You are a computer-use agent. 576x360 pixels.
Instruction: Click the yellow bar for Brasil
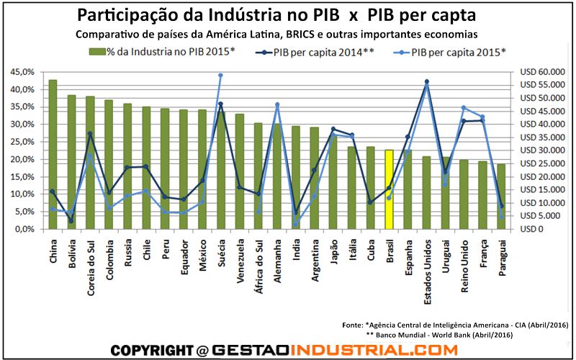tap(389, 189)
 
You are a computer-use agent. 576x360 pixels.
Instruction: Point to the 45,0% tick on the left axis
tap(21, 73)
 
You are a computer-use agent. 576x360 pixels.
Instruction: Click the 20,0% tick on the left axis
tap(21, 160)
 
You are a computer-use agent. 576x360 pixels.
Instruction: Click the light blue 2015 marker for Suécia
tap(220, 75)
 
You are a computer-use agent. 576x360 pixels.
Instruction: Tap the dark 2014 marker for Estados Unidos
tap(427, 81)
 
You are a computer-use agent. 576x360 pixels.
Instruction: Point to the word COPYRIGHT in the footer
tap(151, 350)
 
